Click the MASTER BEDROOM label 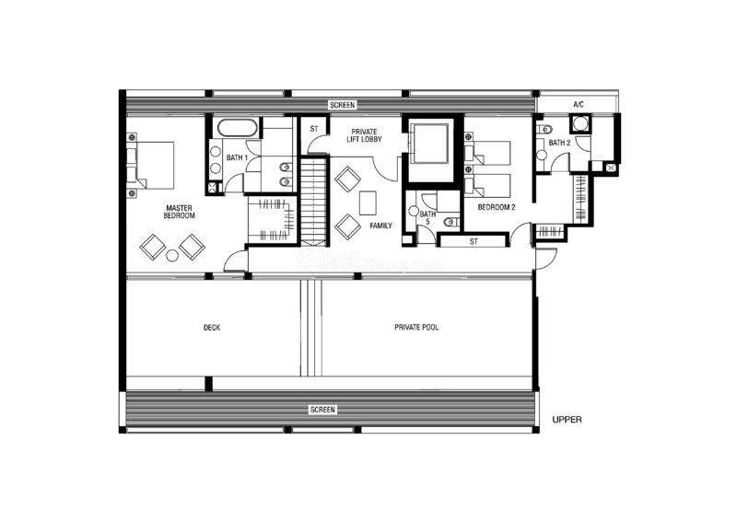tap(179, 212)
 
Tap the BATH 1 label tap(237, 157)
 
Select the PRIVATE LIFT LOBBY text tap(364, 135)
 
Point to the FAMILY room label tap(380, 226)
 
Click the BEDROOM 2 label tap(497, 207)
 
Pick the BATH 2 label tap(559, 143)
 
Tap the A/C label tap(579, 104)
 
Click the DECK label tap(212, 328)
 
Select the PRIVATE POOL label tap(416, 327)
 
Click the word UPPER tap(567, 420)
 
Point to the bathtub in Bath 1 tap(238, 129)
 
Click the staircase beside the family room tap(313, 202)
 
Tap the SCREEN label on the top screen tap(342, 105)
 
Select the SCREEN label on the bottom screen tap(323, 410)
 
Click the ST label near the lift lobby tap(314, 129)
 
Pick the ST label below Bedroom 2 tap(474, 241)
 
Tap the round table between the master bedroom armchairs tap(172, 256)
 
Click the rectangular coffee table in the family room tap(368, 203)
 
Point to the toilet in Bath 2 tap(545, 129)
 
